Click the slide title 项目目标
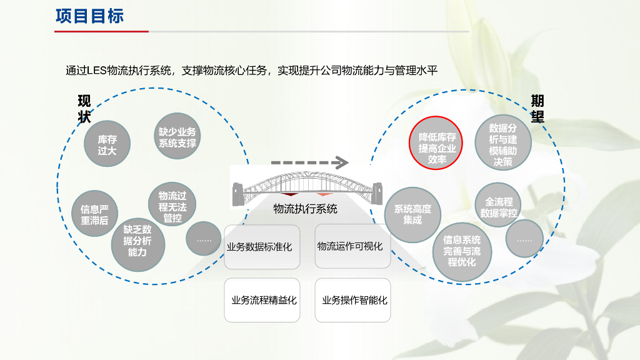pos(89,16)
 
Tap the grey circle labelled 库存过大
pos(107,144)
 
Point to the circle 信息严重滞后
pos(94,214)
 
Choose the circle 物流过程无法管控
pos(172,207)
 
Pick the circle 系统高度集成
pos(412,214)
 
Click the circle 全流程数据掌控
pos(499,207)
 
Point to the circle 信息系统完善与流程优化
pos(462,250)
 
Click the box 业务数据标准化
pos(259,246)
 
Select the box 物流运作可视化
pos(350,246)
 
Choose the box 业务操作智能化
pos(354,300)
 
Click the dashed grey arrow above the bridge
pos(309,163)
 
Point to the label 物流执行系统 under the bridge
pos(305,209)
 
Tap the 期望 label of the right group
pos(537,109)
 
